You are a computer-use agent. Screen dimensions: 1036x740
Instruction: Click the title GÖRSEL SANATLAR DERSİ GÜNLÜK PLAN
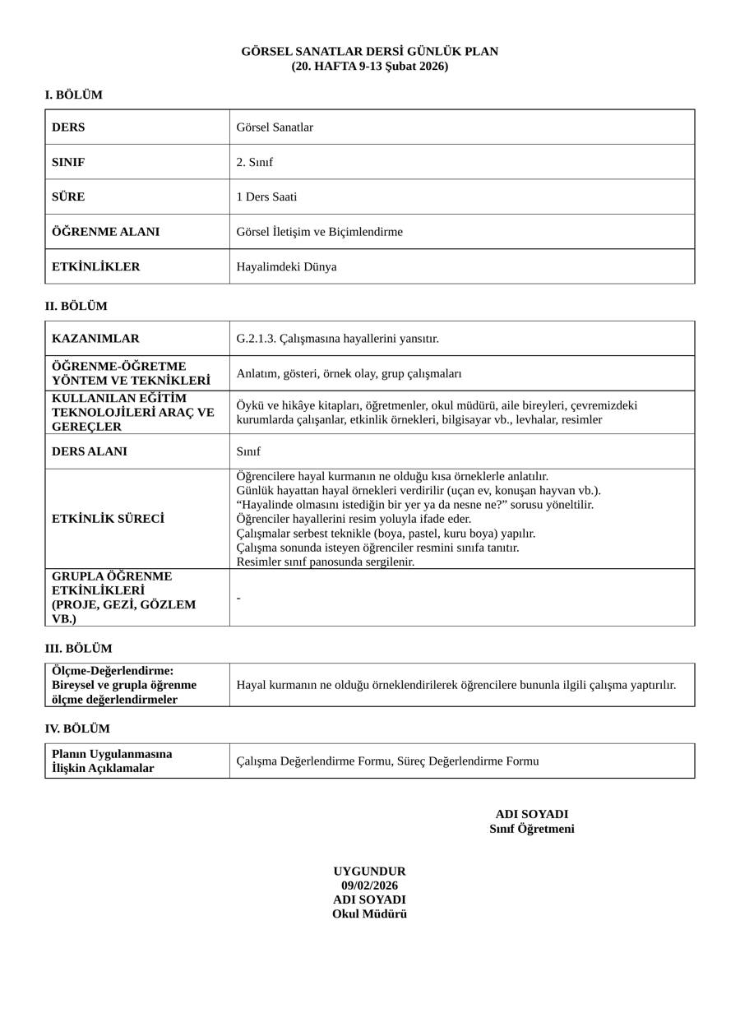point(369,51)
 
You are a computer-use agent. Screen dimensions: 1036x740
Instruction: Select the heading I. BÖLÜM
point(73,95)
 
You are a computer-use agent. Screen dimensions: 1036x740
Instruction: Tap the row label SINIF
point(68,162)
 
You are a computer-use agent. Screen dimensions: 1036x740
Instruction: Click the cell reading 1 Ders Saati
point(266,197)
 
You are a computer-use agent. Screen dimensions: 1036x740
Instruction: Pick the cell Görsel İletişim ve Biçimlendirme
point(319,232)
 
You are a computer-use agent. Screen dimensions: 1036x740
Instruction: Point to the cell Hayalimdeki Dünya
point(286,266)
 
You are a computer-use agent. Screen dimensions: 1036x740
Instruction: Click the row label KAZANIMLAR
point(95,338)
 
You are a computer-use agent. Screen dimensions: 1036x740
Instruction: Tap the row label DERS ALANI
point(90,451)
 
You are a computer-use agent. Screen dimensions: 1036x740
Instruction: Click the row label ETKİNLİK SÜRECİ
point(108,519)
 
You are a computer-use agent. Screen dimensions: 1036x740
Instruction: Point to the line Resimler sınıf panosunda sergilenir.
point(325,562)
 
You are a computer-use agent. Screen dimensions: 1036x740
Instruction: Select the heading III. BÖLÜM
point(78,648)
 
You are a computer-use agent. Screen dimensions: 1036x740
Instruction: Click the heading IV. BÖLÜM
point(76,728)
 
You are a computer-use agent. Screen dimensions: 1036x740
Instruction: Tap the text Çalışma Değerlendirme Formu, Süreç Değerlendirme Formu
point(387,761)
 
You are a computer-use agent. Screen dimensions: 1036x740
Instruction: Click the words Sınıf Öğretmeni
point(531,829)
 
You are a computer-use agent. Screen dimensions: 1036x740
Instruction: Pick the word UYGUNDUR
point(369,871)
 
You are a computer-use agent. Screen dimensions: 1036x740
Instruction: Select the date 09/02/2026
point(369,886)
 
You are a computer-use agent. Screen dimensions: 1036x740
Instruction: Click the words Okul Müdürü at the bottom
point(369,913)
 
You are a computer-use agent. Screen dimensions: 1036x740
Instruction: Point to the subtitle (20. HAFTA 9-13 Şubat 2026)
point(369,66)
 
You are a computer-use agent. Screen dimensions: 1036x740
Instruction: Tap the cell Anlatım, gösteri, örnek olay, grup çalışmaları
point(349,373)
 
